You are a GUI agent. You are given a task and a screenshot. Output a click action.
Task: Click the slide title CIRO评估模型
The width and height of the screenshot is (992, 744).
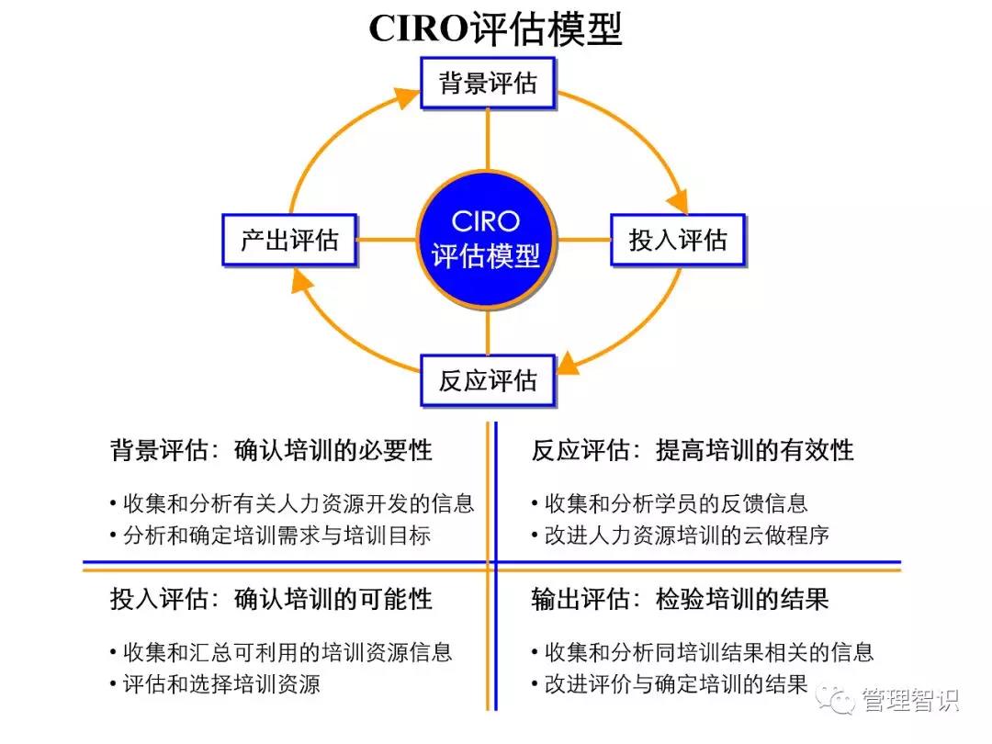495,29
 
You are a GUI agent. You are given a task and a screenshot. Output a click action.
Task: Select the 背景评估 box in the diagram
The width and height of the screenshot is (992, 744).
488,83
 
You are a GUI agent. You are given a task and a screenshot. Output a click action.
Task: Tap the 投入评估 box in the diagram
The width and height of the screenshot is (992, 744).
678,241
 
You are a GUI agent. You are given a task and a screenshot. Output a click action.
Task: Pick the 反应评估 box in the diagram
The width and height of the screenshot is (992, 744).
488,380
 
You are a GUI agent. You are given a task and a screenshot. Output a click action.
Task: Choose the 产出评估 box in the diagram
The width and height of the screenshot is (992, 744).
289,241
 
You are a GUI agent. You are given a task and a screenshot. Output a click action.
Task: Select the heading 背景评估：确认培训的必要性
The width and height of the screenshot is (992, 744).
271,450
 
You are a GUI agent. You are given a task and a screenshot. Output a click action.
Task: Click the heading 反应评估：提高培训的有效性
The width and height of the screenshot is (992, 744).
693,450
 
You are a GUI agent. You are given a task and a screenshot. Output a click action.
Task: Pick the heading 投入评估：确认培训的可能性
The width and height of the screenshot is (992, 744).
271,600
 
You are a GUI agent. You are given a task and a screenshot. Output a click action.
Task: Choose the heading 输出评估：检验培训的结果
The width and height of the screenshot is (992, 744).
680,600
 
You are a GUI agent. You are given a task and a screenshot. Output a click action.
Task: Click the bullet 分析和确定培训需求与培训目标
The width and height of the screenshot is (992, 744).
276,535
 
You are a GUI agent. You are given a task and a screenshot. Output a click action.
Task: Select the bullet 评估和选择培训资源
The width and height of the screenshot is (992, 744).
220,684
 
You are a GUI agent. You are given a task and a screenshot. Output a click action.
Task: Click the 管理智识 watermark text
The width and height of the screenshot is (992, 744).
909,701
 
